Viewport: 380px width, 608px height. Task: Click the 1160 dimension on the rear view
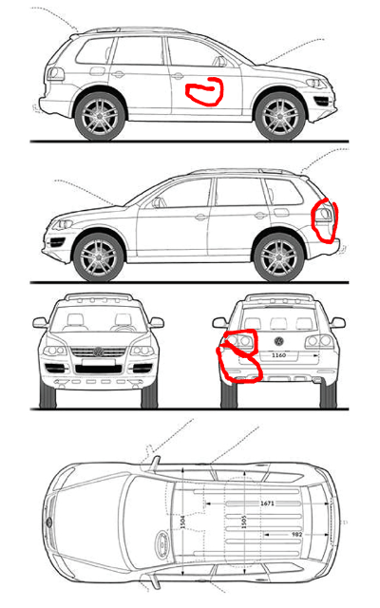coord(278,354)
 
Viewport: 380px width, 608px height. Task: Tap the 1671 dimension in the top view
coord(267,503)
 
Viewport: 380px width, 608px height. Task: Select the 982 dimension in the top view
coord(296,534)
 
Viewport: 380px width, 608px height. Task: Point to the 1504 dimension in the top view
coord(183,522)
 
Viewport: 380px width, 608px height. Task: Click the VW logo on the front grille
coord(98,352)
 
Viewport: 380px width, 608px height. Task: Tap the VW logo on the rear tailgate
coord(278,341)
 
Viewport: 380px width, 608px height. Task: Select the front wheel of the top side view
coord(280,116)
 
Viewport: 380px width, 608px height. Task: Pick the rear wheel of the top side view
coord(100,116)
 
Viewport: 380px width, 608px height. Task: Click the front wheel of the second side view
coord(98,257)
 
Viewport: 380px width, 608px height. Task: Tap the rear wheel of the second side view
coord(278,257)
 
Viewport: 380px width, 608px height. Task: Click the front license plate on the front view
coord(99,362)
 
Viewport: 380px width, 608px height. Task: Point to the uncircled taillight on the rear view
coord(319,341)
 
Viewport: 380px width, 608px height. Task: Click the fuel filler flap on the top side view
coord(97,71)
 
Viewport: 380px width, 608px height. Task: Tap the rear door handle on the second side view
coord(260,216)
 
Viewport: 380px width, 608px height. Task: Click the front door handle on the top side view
coord(178,76)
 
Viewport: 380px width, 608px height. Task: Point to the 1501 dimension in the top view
coord(244,522)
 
